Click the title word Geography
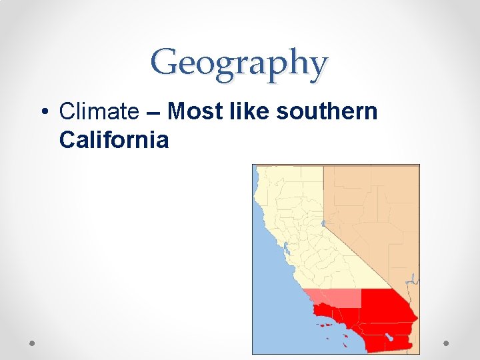pyautogui.click(x=239, y=64)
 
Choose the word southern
pyautogui.click(x=327, y=113)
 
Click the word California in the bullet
pyautogui.click(x=113, y=140)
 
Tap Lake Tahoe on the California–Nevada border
pyautogui.click(x=323, y=223)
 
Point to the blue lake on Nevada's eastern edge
pyautogui.click(x=413, y=280)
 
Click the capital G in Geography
pyautogui.click(x=163, y=63)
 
